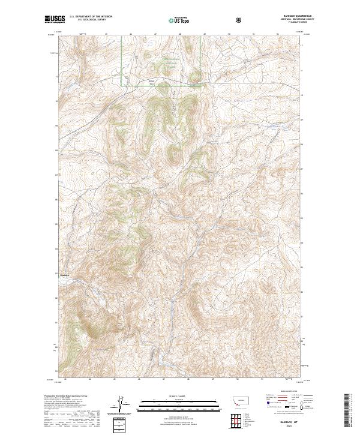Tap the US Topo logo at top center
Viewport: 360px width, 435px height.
coord(179,20)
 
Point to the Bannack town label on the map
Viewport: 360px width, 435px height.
coord(65,275)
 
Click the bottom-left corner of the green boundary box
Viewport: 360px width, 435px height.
coord(122,86)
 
